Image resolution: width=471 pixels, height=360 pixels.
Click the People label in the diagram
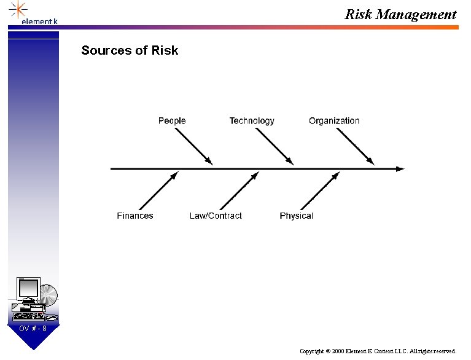[x=171, y=121]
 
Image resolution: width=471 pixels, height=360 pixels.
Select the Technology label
[x=252, y=121]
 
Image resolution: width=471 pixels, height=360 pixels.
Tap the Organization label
[x=334, y=121]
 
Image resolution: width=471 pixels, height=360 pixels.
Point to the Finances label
[x=135, y=216]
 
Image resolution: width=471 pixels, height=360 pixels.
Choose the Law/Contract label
[x=216, y=216]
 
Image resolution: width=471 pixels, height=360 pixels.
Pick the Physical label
[x=296, y=216]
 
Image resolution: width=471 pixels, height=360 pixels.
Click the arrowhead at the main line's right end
[x=400, y=168]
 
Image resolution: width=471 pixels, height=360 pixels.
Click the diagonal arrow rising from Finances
[x=158, y=191]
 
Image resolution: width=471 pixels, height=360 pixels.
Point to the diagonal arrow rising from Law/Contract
[x=239, y=191]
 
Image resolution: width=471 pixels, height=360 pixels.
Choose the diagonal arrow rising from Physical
[x=320, y=191]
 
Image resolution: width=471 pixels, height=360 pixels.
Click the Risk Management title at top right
[x=400, y=14]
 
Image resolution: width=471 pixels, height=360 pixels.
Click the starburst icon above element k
[x=19, y=9]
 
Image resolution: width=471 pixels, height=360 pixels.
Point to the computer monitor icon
[x=28, y=290]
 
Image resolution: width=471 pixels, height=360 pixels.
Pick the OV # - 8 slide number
[x=33, y=329]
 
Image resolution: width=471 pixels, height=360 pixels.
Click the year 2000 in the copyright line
[x=338, y=351]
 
